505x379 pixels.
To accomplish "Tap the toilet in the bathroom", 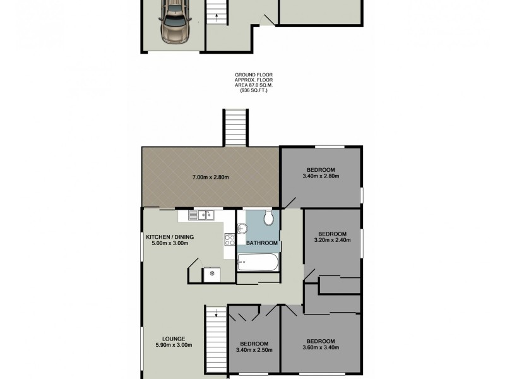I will click(x=268, y=219).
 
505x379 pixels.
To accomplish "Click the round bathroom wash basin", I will click(x=242, y=229).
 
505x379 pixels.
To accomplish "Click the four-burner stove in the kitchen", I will click(x=230, y=239).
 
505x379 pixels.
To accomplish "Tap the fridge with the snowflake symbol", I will click(x=211, y=274).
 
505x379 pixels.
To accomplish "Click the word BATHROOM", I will click(x=262, y=243).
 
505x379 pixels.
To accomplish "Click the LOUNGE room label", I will click(x=173, y=339).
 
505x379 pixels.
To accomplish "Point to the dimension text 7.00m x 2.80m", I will click(x=211, y=177).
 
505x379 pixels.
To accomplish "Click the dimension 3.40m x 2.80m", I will click(x=321, y=176).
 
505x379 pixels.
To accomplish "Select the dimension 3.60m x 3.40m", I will click(x=321, y=347).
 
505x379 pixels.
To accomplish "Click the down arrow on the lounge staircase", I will click(x=215, y=313).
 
